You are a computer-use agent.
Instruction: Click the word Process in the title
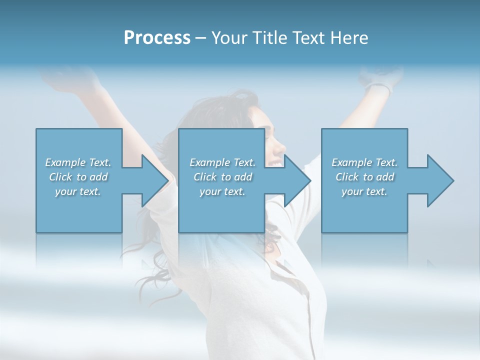157,38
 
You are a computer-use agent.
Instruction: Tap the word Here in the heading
350,38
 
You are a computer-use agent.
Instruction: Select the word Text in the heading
309,38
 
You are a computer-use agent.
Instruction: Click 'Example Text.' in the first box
78,162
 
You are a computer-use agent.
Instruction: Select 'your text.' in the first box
78,191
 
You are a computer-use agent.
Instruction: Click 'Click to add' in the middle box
222,177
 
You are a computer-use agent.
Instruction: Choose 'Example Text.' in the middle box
222,162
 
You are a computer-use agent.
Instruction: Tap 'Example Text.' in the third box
364,162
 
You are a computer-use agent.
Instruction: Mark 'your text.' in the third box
364,191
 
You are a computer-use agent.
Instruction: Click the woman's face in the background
272,142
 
